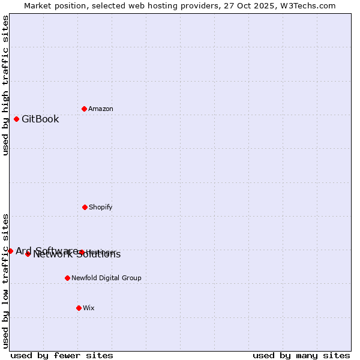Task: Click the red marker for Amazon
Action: click(x=84, y=109)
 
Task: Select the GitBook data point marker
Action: click(x=16, y=119)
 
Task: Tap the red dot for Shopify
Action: click(x=85, y=207)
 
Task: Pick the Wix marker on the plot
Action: click(x=79, y=308)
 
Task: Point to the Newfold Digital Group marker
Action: click(x=67, y=278)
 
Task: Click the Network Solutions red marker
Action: click(x=28, y=254)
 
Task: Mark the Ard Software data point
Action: click(x=10, y=251)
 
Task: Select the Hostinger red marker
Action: click(x=81, y=252)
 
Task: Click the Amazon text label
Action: click(x=101, y=109)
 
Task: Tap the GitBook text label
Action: click(x=40, y=119)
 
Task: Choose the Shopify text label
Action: click(x=100, y=207)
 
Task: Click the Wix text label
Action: click(x=89, y=308)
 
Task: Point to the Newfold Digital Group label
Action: click(x=106, y=278)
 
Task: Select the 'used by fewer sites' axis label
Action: click(x=62, y=355)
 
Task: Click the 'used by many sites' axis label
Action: click(x=301, y=355)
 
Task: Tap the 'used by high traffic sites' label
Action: click(x=6, y=85)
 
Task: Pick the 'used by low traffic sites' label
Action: click(x=6, y=280)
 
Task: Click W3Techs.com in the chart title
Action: click(x=305, y=5)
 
